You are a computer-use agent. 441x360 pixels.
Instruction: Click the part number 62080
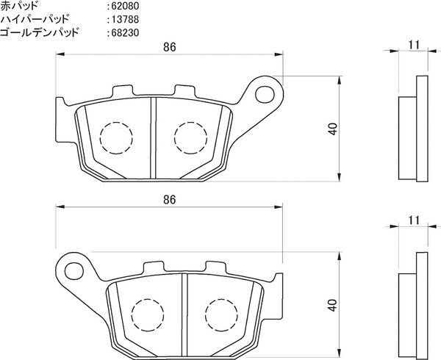[x=125, y=6]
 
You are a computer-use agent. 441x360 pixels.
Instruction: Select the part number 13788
[x=125, y=19]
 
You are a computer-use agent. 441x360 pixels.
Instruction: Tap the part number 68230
[x=125, y=33]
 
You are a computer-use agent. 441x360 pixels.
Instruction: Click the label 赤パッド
[x=19, y=6]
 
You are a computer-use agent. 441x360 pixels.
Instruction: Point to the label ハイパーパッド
[x=35, y=19]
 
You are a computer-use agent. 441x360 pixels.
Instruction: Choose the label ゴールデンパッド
[x=40, y=32]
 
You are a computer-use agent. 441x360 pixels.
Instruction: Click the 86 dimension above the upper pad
[x=169, y=47]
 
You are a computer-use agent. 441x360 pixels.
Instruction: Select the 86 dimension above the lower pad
[x=169, y=200]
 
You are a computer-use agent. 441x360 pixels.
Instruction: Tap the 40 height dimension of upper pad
[x=333, y=129]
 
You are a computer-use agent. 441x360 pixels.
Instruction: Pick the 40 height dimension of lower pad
[x=333, y=305]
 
